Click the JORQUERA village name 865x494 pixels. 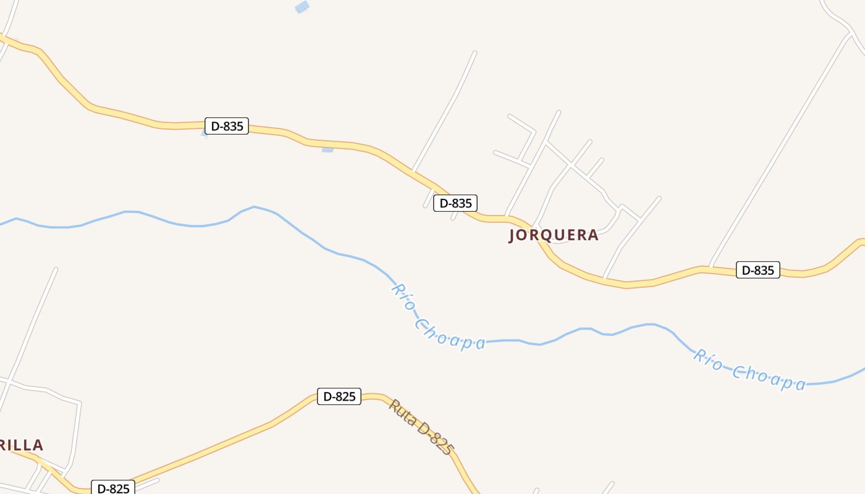click(x=554, y=235)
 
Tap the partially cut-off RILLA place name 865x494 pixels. click(x=22, y=445)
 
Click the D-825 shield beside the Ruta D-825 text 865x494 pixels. click(x=339, y=396)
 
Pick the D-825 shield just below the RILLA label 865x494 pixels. click(x=112, y=488)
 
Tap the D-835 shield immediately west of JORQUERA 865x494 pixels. click(x=455, y=203)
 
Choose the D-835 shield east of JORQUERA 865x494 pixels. click(x=757, y=270)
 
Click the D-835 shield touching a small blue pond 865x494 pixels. click(x=226, y=127)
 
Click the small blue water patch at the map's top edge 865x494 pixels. click(x=302, y=7)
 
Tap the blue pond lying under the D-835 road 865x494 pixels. click(x=327, y=149)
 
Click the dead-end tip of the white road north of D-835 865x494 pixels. click(x=475, y=52)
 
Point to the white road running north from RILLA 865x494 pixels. click(x=34, y=321)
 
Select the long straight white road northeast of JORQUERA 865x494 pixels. click(x=778, y=154)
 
